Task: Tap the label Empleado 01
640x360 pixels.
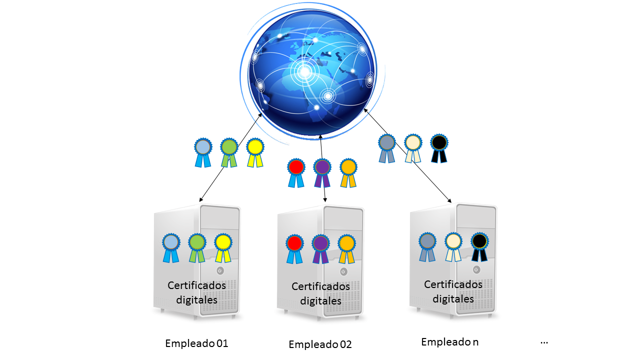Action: pyautogui.click(x=196, y=343)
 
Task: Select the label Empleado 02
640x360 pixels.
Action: pyautogui.click(x=320, y=344)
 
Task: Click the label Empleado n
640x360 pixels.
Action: pyautogui.click(x=450, y=342)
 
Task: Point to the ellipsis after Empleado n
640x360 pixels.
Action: pyautogui.click(x=544, y=342)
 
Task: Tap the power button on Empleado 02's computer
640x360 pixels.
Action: pyautogui.click(x=343, y=271)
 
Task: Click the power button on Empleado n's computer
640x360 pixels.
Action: pyautogui.click(x=476, y=269)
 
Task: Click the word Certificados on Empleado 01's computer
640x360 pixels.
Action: pyautogui.click(x=196, y=285)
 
